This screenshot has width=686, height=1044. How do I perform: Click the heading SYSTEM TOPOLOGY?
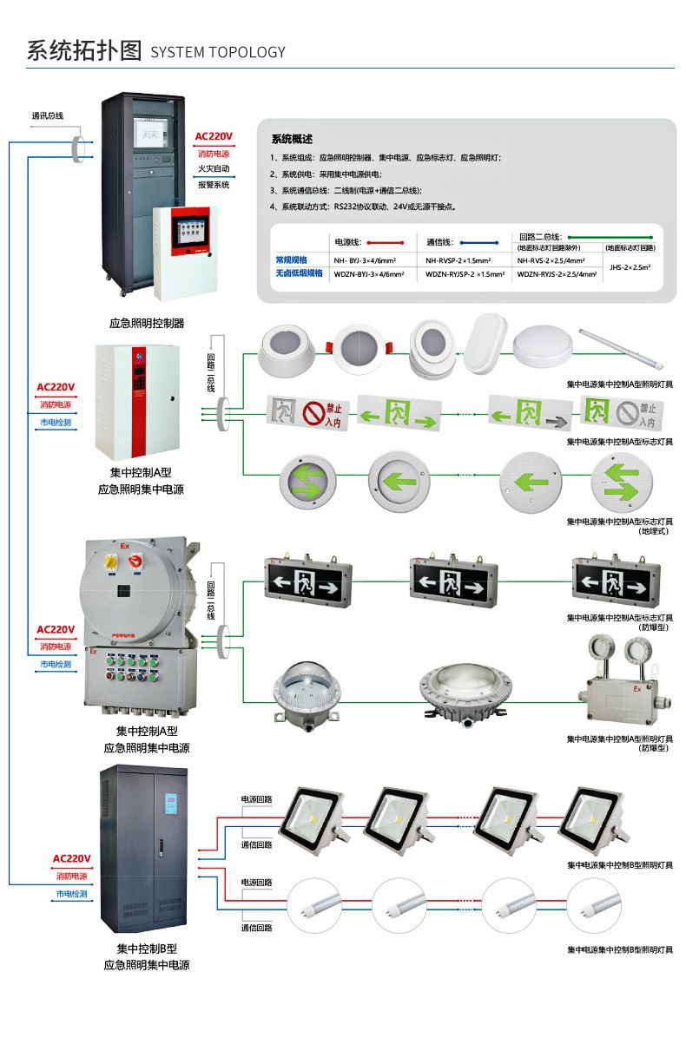(218, 52)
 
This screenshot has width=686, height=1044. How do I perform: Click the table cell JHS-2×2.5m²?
(630, 268)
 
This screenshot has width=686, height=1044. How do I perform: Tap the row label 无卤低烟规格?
(299, 273)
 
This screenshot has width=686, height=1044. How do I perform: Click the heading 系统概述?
(292, 139)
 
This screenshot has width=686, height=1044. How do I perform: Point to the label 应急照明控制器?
(147, 324)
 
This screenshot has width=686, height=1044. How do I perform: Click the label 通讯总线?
(48, 115)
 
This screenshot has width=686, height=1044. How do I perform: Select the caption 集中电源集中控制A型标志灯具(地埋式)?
(619, 526)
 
